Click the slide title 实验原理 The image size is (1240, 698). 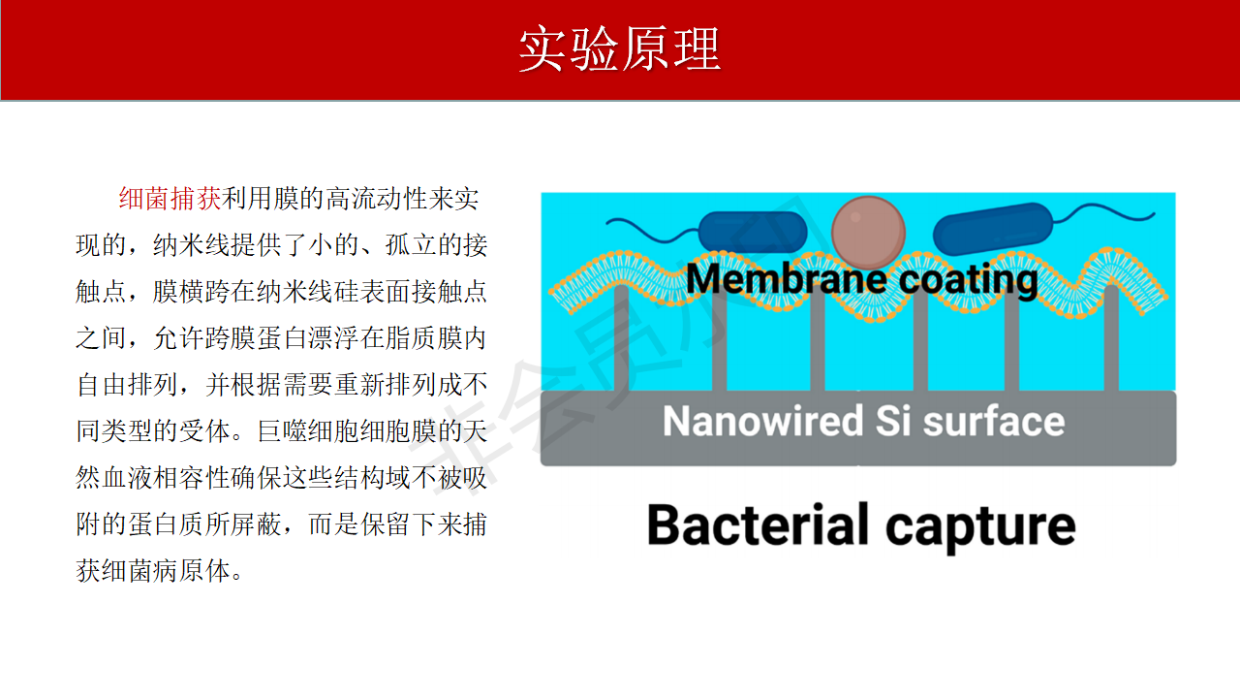[619, 48]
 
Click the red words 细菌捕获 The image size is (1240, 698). [170, 199]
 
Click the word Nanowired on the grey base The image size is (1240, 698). [762, 421]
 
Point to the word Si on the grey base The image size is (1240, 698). [893, 421]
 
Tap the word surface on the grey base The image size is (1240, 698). [994, 421]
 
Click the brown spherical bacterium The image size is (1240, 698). [868, 233]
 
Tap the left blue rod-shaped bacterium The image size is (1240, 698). [753, 232]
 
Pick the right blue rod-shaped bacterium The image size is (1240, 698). [993, 229]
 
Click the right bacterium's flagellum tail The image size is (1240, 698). [1103, 213]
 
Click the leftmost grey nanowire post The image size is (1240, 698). [622, 338]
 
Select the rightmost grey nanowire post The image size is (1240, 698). [1111, 338]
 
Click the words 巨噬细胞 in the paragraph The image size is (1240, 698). [308, 431]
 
